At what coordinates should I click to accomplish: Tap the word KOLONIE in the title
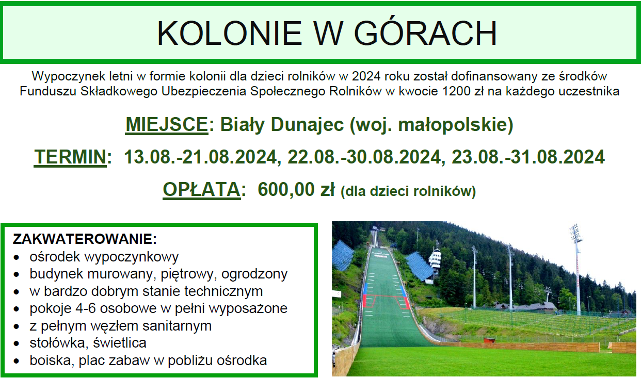coord(229,33)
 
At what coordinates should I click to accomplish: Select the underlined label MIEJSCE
coord(167,125)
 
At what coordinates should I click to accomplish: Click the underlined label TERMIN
coord(70,157)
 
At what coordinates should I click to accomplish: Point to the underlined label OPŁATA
coord(202,189)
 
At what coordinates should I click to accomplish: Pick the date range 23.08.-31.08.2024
coord(528,157)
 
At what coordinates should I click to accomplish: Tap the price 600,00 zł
coord(296,189)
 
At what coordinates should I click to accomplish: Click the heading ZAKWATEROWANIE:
coord(85,239)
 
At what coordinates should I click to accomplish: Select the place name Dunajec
coord(307,125)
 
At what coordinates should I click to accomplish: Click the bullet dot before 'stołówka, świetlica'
coord(17,343)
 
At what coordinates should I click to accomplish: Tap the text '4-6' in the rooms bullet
coord(86,308)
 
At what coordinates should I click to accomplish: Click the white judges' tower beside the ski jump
coord(435,261)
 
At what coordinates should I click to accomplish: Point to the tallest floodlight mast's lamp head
coord(575,232)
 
